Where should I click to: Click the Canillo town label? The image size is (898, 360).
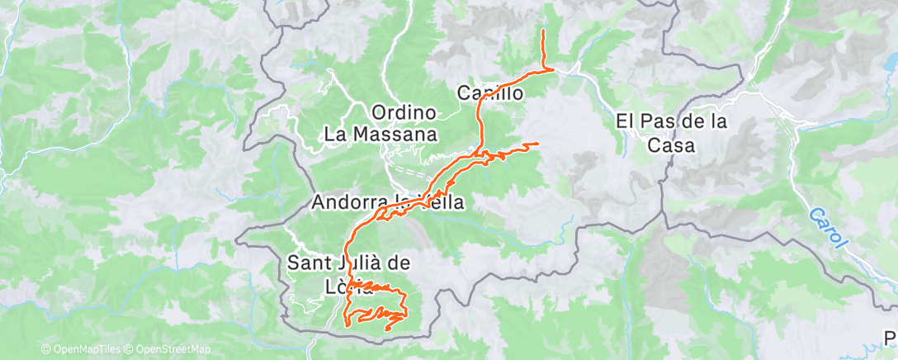[x=490, y=94]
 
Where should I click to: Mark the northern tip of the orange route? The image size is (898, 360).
[x=543, y=31]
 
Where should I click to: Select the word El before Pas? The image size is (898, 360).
[x=625, y=121]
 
